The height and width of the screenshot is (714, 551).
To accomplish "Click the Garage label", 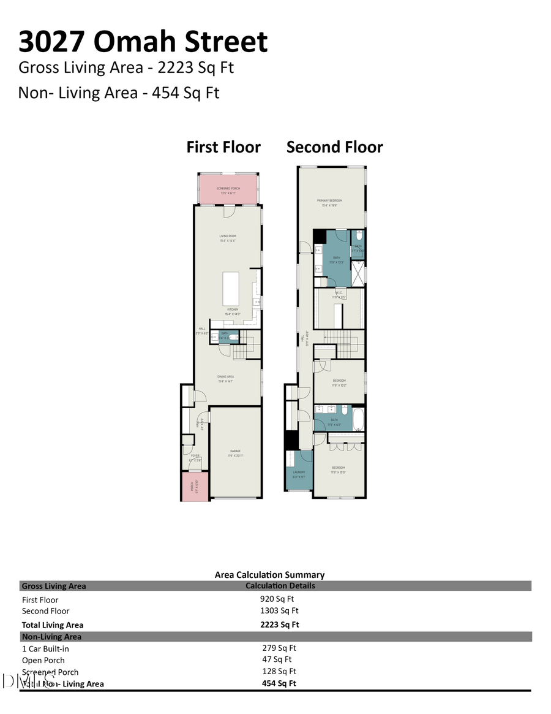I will coord(235,452).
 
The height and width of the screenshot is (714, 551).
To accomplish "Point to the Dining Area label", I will coord(227,378).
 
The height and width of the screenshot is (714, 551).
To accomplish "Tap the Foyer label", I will coord(195,457).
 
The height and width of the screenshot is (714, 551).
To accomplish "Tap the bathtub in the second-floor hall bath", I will coord(358,420).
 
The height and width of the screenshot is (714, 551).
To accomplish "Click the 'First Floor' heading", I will coord(223,147).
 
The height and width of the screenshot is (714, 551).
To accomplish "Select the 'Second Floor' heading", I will coord(334,147).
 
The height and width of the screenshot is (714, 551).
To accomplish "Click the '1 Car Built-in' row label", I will coord(45,648).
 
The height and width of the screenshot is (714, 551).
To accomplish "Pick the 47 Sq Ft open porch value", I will coord(277,659).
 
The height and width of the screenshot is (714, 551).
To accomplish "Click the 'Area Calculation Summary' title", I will coord(269,575).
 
